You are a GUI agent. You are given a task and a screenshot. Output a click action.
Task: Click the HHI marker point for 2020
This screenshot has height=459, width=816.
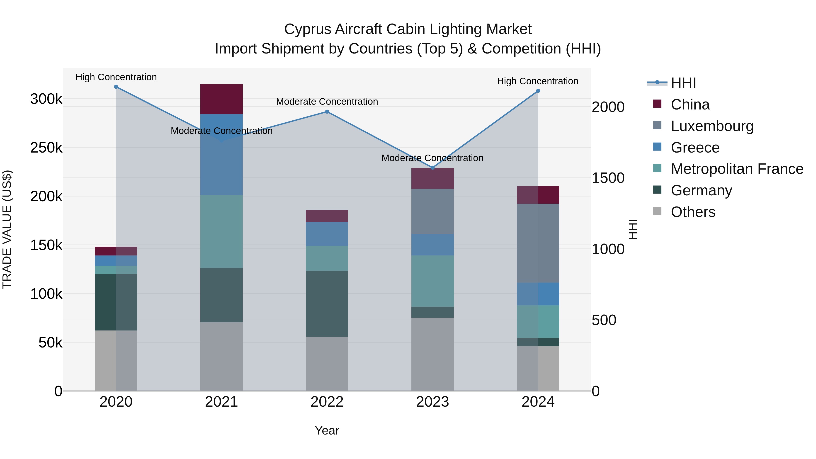tap(116, 87)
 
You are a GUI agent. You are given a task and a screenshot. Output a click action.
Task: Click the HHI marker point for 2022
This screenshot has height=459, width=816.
tap(327, 112)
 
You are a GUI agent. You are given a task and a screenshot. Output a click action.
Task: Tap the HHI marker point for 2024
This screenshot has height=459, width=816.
tap(538, 91)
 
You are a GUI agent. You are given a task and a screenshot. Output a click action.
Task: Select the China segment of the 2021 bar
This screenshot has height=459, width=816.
tap(221, 99)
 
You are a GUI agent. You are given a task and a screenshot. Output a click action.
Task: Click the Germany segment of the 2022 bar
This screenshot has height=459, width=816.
tap(327, 304)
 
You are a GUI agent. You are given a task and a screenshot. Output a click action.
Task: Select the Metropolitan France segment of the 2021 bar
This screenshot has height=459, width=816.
tap(221, 232)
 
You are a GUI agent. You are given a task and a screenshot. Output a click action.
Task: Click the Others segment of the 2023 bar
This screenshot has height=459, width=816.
tap(432, 354)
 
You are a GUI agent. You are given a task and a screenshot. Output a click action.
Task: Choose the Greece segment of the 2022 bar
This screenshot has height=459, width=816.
tap(327, 234)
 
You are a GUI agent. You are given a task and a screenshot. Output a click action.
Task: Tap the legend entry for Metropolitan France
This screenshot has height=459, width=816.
tap(737, 169)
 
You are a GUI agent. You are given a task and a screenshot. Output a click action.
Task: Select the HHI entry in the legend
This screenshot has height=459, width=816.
tap(683, 83)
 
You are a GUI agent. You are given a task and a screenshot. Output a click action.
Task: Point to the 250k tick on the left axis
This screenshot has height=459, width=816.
tap(46, 148)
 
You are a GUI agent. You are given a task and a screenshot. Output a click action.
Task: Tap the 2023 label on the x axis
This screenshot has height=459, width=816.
tap(432, 402)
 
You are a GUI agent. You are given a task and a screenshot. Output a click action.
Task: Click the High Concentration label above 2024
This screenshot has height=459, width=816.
tap(538, 81)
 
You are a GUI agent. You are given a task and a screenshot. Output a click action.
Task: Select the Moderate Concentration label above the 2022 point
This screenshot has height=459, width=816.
tap(327, 102)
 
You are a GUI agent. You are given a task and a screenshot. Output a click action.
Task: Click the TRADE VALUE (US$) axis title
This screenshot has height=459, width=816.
tap(7, 229)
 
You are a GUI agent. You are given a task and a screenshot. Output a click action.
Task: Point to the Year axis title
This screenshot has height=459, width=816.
tap(327, 430)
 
